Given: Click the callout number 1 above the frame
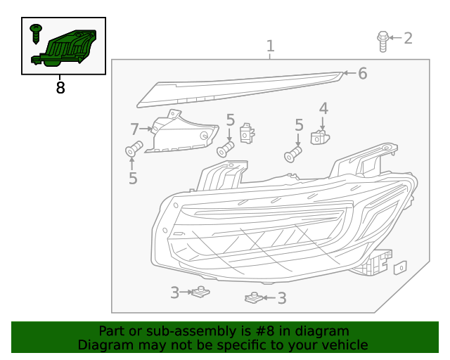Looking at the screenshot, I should pos(270,46).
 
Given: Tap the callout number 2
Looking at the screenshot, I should pos(408,37).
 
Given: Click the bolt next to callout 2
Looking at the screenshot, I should pos(382,40).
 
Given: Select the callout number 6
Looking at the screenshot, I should pos(363,73).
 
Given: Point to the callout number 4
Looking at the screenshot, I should pos(323,108).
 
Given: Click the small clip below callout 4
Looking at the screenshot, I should pos(321,136).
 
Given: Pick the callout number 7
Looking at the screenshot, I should pos(135,129).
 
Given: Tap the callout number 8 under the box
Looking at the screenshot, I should pos(60,88).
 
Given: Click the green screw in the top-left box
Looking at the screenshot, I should pos(36,33).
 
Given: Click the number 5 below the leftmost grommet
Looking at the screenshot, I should pos(133,179).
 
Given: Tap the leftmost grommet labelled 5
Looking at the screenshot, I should pos(134,149).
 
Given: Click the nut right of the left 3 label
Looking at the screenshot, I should pos(202,292).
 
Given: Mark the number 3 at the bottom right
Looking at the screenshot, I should pos(282,298).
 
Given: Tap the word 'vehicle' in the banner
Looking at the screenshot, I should pos(345,345).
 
